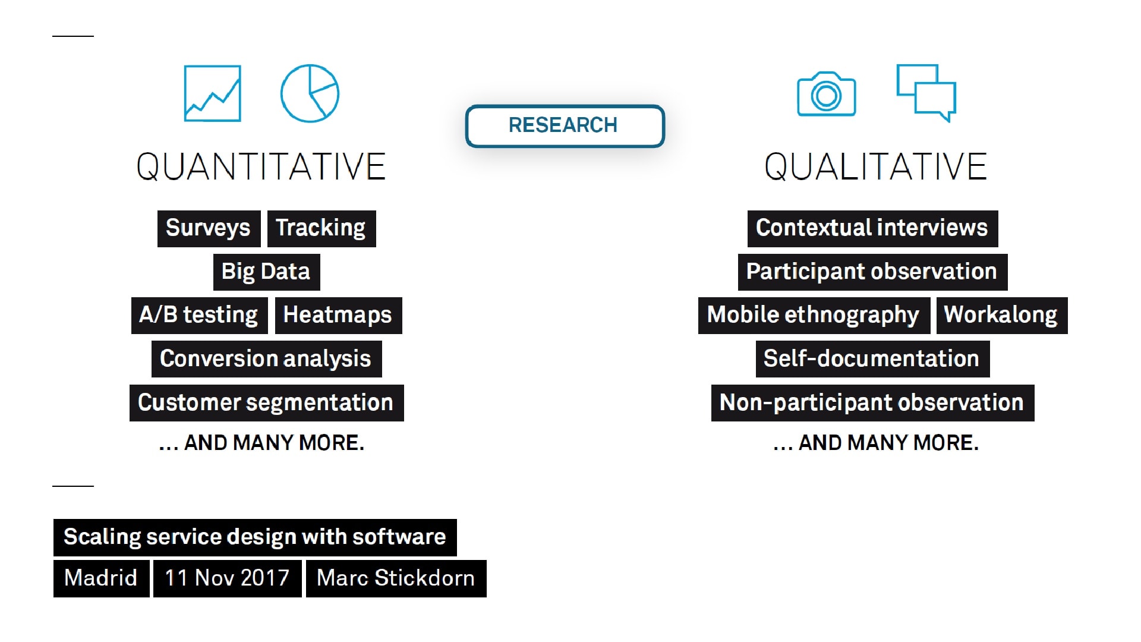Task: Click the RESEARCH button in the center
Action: pos(565,125)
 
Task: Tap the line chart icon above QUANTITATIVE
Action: pos(213,93)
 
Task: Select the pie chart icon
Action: pos(310,93)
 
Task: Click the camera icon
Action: pos(826,94)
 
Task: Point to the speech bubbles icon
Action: pos(926,93)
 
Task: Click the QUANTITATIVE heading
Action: pos(261,166)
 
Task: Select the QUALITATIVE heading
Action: pos(875,166)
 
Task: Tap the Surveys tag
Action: pos(209,228)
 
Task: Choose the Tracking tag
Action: pos(322,228)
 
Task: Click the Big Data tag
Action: pos(266,272)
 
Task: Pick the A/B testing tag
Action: pos(199,315)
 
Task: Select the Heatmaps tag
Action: pos(338,315)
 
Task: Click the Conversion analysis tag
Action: pos(266,358)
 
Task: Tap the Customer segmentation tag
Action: pos(266,402)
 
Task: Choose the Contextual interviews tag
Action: pos(872,228)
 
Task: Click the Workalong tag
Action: pos(1002,315)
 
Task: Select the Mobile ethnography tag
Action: pos(814,315)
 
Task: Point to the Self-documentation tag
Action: pos(872,358)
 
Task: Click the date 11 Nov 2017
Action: pos(227,578)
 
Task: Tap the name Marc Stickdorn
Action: pos(396,578)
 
